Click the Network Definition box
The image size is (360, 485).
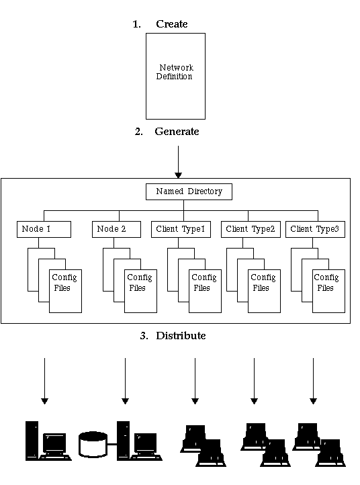[175, 76]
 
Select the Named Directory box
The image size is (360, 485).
[189, 191]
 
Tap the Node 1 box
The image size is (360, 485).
[44, 229]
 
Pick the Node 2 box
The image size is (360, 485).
[117, 229]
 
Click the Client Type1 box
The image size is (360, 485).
[181, 229]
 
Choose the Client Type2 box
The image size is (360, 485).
[251, 229]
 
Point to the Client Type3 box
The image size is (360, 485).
[315, 229]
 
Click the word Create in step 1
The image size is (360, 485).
[172, 24]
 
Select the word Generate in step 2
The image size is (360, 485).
[177, 132]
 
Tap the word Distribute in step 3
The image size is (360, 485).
[181, 336]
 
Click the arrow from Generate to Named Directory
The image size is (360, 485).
[178, 162]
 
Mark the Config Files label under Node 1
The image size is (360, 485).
[64, 282]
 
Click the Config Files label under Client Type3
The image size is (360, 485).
[326, 282]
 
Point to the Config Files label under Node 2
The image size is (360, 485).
[140, 282]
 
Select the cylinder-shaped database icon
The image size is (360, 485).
[93, 445]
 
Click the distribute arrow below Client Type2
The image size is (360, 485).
[255, 381]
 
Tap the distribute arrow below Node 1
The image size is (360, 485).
[44, 381]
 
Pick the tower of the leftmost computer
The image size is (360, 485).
[32, 441]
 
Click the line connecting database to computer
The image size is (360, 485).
[112, 445]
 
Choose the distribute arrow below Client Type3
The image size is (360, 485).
[313, 381]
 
